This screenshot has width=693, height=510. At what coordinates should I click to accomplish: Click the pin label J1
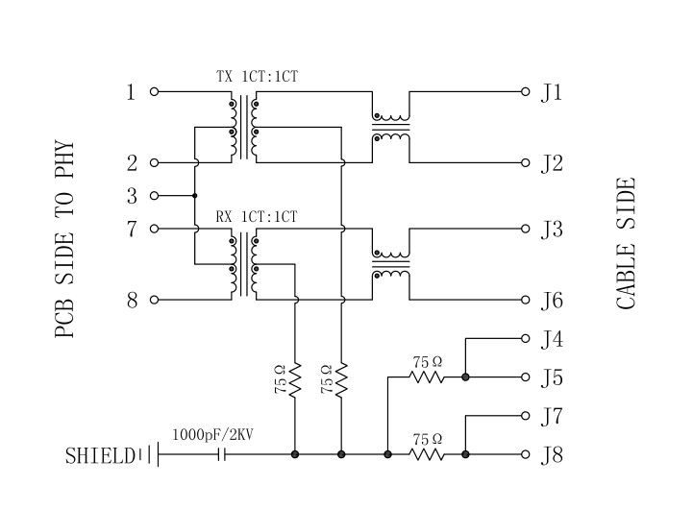coord(551,92)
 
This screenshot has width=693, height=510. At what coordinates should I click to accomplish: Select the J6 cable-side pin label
coord(551,301)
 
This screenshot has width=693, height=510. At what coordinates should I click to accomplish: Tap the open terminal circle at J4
coord(526,338)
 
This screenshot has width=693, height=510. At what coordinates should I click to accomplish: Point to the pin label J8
coord(551,454)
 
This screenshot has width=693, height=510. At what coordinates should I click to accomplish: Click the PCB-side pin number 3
coord(132,196)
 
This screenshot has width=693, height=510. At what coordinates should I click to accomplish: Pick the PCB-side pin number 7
coord(132,229)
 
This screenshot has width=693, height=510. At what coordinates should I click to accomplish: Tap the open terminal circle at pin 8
coord(154,300)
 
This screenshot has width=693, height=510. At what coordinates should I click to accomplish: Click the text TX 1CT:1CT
coord(256,76)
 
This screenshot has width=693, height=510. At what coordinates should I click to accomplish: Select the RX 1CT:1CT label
coord(256,216)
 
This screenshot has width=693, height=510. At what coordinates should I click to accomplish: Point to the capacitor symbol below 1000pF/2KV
coord(223,454)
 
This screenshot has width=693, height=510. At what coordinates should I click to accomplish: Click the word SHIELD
coord(100,455)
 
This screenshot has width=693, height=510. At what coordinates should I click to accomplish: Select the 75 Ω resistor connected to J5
coord(428,377)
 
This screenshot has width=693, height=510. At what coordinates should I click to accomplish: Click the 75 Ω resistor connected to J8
coord(428,454)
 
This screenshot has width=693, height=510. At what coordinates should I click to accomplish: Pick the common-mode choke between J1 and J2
coord(391,128)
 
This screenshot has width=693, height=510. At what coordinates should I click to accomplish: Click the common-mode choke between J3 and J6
coord(391,265)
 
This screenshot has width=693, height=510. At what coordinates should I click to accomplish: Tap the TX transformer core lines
coord(243,128)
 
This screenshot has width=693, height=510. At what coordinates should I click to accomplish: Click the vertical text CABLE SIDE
coord(627,244)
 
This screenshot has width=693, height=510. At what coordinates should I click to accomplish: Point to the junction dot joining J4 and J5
coord(465,377)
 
